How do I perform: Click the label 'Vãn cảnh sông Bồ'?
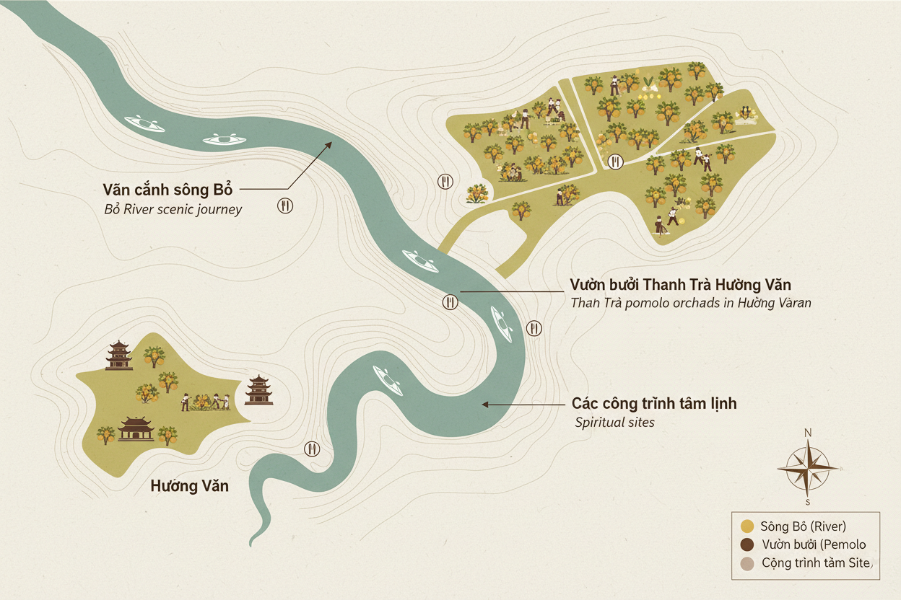click(168, 191)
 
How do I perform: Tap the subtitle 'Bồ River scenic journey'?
click(173, 210)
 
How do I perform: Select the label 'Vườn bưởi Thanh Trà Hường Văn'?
click(680, 285)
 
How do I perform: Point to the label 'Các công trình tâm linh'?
click(654, 403)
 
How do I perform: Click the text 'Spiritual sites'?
click(614, 422)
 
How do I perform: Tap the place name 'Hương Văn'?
click(189, 486)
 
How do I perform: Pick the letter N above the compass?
click(808, 433)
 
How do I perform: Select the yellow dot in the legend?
click(747, 526)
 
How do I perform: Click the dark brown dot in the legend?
click(747, 544)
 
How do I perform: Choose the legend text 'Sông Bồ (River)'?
click(803, 526)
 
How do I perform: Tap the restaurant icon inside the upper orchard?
click(616, 161)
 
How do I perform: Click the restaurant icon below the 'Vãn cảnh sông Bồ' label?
click(285, 206)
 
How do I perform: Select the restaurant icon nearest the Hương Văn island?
click(312, 449)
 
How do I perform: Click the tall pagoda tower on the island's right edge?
click(258, 389)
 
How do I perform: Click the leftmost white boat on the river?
click(144, 123)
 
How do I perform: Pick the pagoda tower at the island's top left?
click(119, 355)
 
